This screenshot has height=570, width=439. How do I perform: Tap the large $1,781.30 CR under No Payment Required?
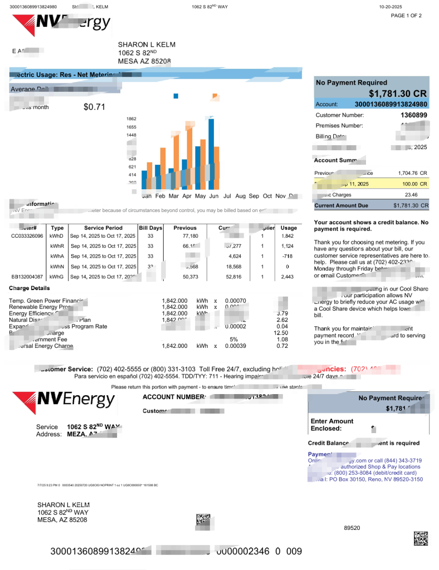click(x=398, y=94)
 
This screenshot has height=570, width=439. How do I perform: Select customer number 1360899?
click(x=414, y=115)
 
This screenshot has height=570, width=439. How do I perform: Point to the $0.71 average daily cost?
click(x=94, y=107)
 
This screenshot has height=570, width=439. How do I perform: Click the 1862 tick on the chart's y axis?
click(x=131, y=119)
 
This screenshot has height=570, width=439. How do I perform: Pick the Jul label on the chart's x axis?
click(x=227, y=196)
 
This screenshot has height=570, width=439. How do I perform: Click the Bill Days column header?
click(x=150, y=228)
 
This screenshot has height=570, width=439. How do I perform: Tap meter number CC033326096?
click(x=27, y=236)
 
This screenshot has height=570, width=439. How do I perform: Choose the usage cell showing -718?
click(x=289, y=256)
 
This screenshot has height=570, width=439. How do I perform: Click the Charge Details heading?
click(x=30, y=288)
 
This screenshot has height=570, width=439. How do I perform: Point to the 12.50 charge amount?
click(x=281, y=332)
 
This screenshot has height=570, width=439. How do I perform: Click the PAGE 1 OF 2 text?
click(x=406, y=16)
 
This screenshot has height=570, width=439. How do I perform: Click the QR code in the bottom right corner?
click(x=421, y=539)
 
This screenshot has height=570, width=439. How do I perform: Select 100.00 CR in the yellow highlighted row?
click(x=416, y=184)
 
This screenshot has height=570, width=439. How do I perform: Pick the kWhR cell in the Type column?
click(x=57, y=246)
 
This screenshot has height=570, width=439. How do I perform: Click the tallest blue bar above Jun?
click(x=212, y=153)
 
